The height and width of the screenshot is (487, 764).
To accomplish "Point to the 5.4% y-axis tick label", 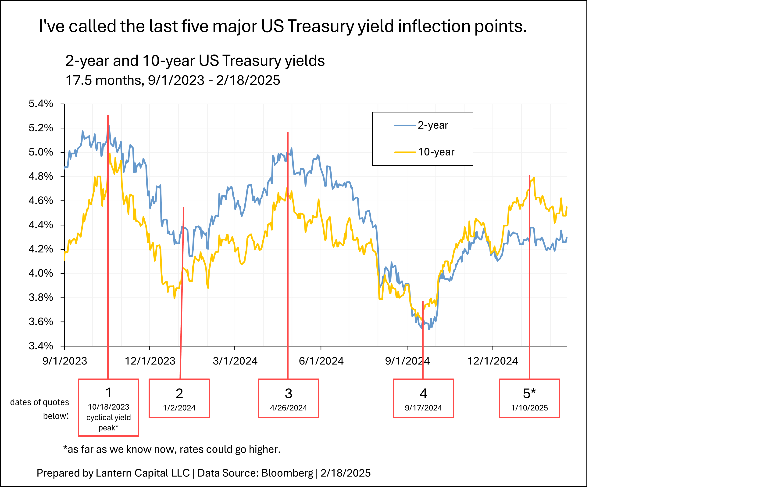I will point(41,104).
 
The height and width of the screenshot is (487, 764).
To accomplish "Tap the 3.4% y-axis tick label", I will point(41,346).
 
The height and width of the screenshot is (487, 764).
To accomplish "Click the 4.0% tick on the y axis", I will point(41,273).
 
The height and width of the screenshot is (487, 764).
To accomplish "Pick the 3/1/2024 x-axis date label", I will point(235,361).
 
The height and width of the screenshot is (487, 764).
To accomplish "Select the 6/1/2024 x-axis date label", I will point(321,361).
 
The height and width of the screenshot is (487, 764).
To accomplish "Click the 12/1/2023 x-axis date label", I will point(150,361).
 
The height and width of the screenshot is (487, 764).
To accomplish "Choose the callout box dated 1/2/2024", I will point(179,398).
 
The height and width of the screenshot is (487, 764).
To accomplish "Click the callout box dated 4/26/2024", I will point(288,398).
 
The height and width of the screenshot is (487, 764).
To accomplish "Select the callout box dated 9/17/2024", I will point(423,398).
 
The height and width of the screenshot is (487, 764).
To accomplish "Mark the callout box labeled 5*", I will point(529,398).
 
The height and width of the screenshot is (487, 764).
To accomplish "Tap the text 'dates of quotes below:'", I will point(40,409).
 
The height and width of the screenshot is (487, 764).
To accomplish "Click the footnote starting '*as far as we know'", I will point(172,449).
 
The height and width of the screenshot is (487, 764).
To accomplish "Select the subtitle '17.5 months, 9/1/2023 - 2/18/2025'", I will point(173,80).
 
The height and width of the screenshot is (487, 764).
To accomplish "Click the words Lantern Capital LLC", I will point(143,473).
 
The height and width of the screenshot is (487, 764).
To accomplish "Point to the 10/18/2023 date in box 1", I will point(108,407).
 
